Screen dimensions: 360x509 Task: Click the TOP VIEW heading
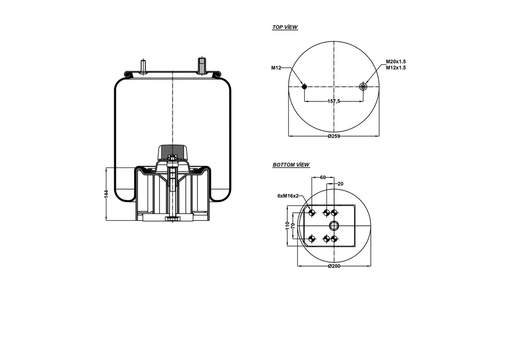(285, 27)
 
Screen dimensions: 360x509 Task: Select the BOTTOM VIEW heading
(291, 165)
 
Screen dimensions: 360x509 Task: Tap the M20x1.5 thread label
(396, 62)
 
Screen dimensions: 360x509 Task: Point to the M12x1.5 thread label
(396, 68)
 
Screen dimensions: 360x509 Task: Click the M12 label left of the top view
(276, 68)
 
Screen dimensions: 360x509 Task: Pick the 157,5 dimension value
(334, 101)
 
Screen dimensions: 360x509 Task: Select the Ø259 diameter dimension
(334, 137)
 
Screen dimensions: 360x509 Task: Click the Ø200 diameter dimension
(334, 267)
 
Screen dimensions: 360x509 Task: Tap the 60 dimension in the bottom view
(323, 177)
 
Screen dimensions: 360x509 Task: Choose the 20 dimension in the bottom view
(340, 183)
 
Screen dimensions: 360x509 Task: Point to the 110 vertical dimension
(287, 226)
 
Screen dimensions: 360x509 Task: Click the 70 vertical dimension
(293, 226)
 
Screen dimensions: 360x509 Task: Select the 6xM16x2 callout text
(288, 196)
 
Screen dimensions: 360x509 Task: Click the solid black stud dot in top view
(304, 87)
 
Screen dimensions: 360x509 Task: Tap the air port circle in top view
(363, 87)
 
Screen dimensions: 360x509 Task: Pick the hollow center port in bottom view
(334, 226)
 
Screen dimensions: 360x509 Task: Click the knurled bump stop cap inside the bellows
(172, 151)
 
